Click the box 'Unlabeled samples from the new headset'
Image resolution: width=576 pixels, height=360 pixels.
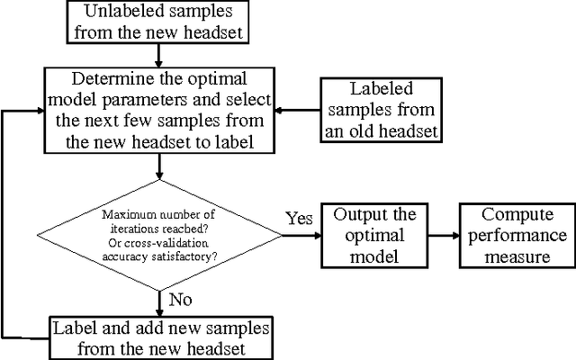(x=157, y=22)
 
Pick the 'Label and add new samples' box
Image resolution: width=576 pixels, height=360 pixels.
(x=148, y=336)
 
